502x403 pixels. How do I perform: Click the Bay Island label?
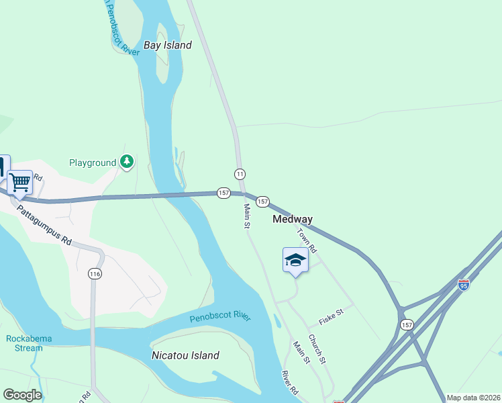click(x=168, y=45)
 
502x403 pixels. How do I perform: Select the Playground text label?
click(x=93, y=163)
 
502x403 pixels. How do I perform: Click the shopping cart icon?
click(x=19, y=182)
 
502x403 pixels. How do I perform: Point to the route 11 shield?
click(x=240, y=173)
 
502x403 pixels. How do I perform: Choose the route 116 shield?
click(x=94, y=273)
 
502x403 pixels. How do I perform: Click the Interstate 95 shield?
click(x=464, y=285)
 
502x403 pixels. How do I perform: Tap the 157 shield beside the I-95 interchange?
click(x=407, y=324)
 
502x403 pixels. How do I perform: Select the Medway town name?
click(x=293, y=219)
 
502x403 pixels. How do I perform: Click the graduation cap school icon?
click(x=295, y=260)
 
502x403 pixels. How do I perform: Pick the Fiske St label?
click(x=331, y=313)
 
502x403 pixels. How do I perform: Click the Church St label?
click(x=317, y=349)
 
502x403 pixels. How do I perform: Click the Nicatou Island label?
click(x=185, y=355)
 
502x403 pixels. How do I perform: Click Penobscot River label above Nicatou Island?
click(x=219, y=316)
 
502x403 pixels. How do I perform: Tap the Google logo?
click(x=22, y=395)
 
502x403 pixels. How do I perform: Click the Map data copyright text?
click(x=473, y=398)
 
